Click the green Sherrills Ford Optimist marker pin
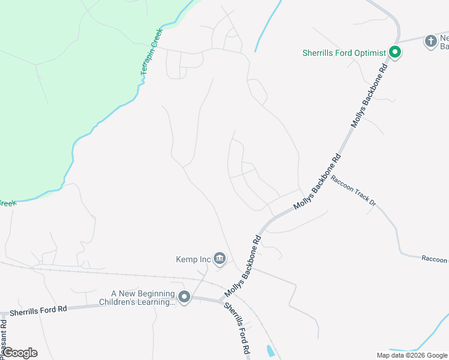point(395,53)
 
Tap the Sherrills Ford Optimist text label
point(343,53)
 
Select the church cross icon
point(430,41)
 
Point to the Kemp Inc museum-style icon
point(220,259)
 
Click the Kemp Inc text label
point(193,259)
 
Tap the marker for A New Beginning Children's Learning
point(184,297)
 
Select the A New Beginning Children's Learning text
point(143,298)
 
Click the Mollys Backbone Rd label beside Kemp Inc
point(245,265)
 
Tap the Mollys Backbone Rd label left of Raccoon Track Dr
point(318,182)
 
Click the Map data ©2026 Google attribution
point(411,355)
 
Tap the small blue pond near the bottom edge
point(271,351)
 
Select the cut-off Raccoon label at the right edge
point(434,259)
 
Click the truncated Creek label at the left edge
point(7,203)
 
